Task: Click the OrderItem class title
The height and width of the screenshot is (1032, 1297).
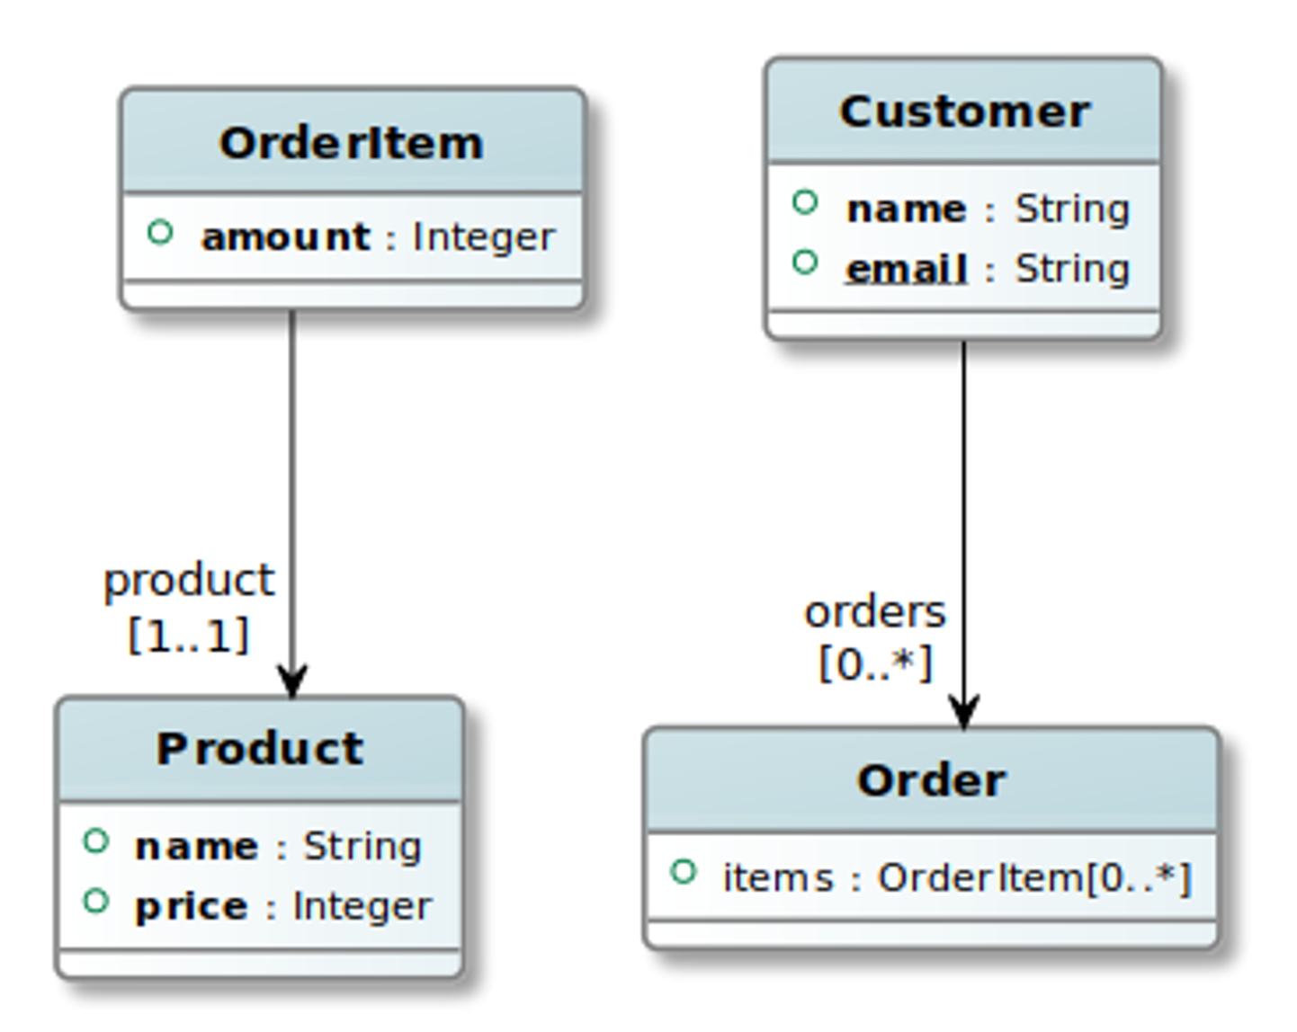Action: (x=351, y=143)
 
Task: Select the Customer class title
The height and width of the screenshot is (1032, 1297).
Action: (x=964, y=112)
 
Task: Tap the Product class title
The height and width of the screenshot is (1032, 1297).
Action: (x=260, y=749)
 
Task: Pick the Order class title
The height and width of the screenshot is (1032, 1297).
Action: (x=931, y=780)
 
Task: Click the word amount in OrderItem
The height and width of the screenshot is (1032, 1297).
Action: (x=285, y=237)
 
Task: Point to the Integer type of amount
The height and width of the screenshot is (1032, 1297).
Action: (x=483, y=237)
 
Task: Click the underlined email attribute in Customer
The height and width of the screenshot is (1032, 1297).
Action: (x=906, y=269)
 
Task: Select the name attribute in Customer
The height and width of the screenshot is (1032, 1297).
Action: (x=906, y=209)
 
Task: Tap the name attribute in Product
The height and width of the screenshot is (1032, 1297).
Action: (x=196, y=847)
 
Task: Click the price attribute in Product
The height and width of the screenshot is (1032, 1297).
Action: (x=191, y=906)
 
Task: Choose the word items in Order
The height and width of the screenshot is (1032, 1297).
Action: (x=778, y=878)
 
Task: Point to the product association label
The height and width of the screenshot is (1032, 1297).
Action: (x=189, y=580)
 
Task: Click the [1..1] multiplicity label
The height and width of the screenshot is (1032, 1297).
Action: (x=188, y=636)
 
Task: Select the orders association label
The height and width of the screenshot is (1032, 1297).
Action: (x=874, y=612)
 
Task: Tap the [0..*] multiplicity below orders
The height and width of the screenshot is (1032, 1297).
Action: (x=875, y=664)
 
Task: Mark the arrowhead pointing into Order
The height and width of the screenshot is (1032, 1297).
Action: (x=963, y=713)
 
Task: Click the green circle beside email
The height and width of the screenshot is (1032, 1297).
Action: (x=805, y=262)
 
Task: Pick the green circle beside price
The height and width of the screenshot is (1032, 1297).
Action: (x=95, y=901)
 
